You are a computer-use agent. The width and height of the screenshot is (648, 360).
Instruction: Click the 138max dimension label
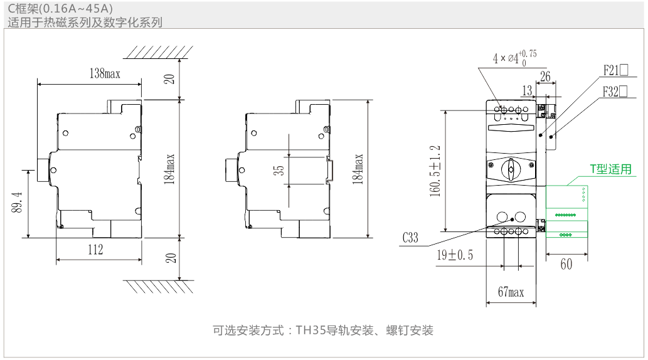[x=105, y=74]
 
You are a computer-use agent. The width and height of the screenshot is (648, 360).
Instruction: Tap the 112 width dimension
[x=95, y=249]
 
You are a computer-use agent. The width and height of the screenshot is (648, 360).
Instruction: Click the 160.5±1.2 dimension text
[x=435, y=171]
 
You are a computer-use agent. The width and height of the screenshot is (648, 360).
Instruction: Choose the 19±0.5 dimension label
[x=455, y=255]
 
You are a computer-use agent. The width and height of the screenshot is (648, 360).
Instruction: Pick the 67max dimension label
[x=511, y=292]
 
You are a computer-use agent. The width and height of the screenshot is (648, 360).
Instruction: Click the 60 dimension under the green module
[x=566, y=265]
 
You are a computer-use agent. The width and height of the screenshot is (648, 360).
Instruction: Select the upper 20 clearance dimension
[x=169, y=79]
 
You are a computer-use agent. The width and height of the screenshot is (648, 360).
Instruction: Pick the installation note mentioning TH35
[x=323, y=330]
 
